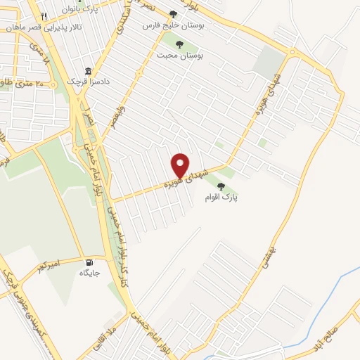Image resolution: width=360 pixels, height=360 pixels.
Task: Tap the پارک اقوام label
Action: (x=222, y=198)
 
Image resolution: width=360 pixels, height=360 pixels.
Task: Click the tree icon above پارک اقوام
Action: (x=222, y=186)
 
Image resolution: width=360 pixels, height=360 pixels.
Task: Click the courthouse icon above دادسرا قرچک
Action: (x=89, y=71)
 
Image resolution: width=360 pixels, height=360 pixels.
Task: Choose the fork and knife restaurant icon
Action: (x=44, y=15)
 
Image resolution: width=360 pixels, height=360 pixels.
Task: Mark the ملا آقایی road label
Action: (x=110, y=337)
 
